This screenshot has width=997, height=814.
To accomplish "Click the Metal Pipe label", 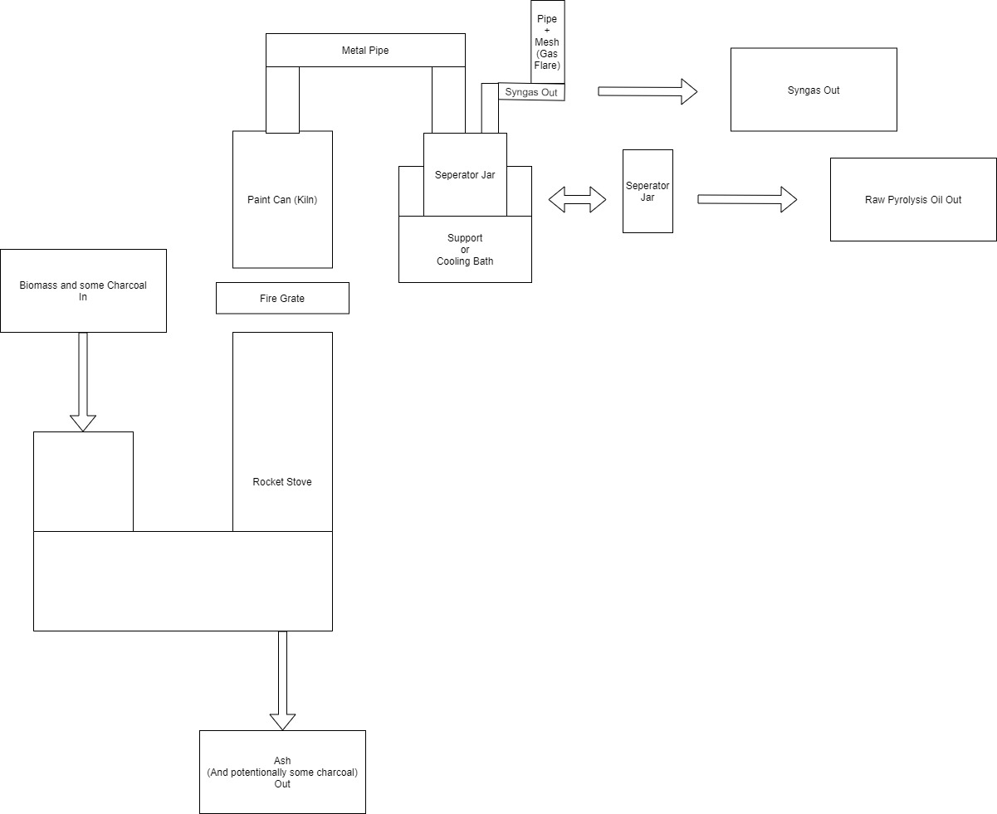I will (x=365, y=51).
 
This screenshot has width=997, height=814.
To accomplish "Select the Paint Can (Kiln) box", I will (x=282, y=199).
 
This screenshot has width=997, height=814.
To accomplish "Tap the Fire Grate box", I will (x=282, y=298).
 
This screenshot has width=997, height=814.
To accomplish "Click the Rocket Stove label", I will (x=282, y=481).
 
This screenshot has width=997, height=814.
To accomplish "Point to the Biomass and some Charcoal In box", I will (x=83, y=290).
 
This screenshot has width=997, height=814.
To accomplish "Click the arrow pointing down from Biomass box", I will (x=83, y=382).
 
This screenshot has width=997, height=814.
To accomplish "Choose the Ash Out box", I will (x=282, y=772).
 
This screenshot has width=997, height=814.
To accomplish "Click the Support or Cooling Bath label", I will (x=465, y=249).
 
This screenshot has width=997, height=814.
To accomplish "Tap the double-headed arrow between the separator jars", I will (x=577, y=199).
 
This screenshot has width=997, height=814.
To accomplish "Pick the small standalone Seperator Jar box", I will (x=648, y=191).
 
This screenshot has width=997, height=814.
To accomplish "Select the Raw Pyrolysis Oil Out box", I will (x=913, y=200).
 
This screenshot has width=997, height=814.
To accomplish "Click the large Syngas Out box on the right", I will (x=814, y=90).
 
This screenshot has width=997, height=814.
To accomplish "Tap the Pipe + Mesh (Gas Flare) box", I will (x=548, y=41).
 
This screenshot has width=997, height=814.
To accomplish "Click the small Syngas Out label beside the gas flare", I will (x=531, y=92).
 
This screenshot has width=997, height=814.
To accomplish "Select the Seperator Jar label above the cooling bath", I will (x=465, y=174).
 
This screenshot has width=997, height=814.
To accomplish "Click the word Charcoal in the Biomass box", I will (x=126, y=285).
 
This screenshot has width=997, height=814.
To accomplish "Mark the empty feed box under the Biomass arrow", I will (x=83, y=481).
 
